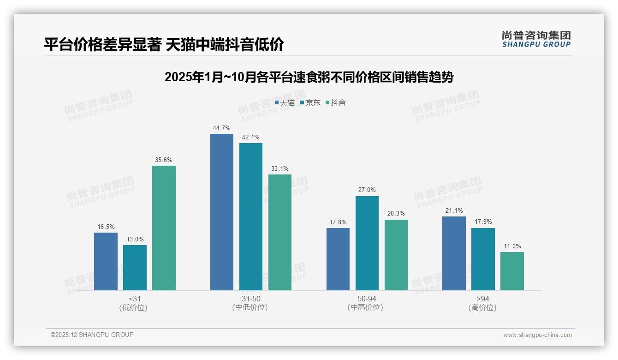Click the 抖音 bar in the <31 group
(164, 228)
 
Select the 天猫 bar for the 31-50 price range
(222, 212)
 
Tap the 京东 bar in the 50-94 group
(367, 243)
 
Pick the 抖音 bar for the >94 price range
(512, 271)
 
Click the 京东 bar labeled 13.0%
(135, 268)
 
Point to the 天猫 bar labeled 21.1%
(454, 253)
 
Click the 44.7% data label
(222, 128)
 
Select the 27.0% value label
(367, 190)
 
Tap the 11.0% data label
(512, 246)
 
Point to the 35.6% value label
(164, 160)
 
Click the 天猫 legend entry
(285, 103)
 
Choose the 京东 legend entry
(310, 103)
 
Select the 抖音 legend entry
(336, 103)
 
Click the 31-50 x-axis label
(250, 299)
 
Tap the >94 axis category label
(483, 299)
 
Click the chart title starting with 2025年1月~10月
(309, 77)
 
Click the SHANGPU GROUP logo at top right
(536, 39)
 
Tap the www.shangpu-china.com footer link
(537, 335)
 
